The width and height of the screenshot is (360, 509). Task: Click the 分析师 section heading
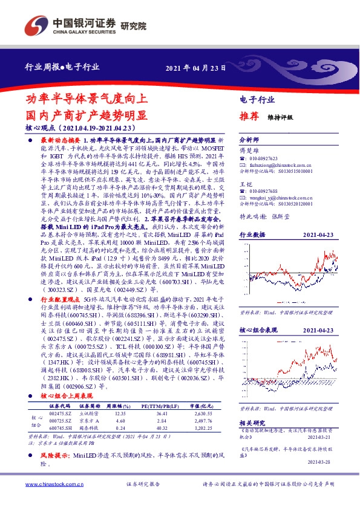click(249, 138)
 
